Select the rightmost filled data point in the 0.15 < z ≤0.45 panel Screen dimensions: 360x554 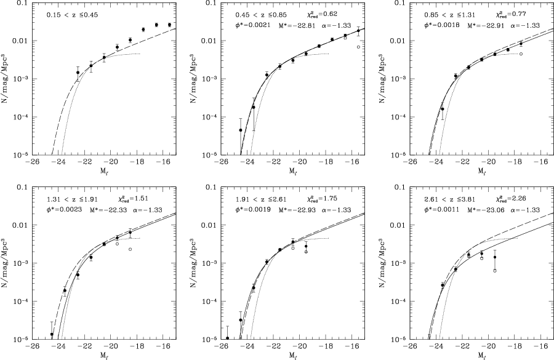point(169,25)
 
